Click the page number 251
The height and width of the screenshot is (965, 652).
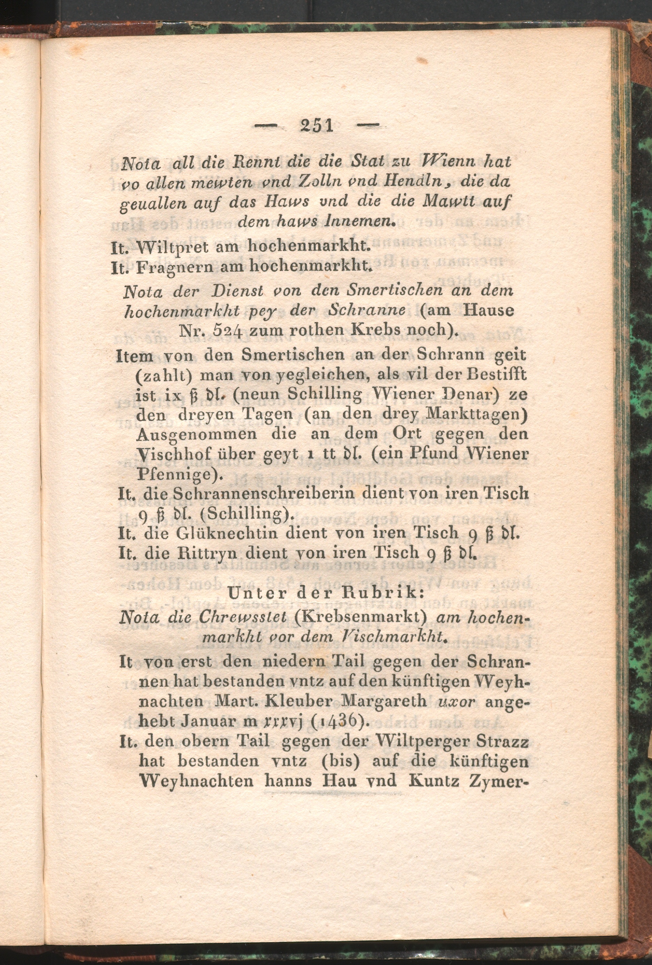[317, 125]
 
